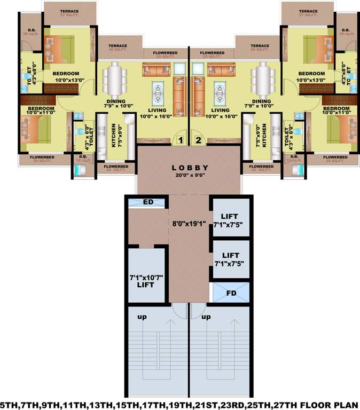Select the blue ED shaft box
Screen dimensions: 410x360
[x=148, y=202]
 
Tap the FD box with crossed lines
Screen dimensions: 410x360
[x=231, y=293]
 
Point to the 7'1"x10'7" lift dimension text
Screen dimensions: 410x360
[x=146, y=278]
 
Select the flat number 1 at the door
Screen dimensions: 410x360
[x=181, y=141]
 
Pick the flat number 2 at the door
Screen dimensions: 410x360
[x=198, y=141]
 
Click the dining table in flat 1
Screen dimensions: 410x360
[x=115, y=78]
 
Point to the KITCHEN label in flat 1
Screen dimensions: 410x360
[x=114, y=136]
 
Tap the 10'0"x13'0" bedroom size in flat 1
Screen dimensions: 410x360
[x=62, y=81]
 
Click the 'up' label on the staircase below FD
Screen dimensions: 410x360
[x=206, y=317]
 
